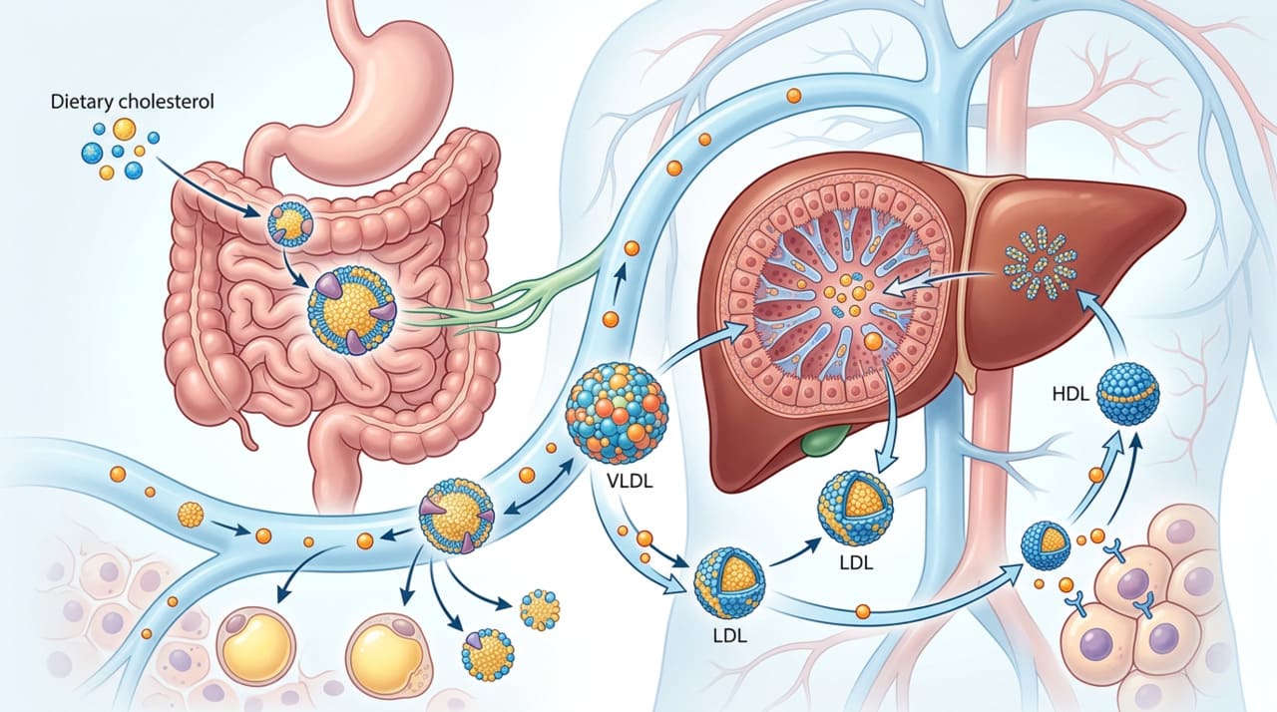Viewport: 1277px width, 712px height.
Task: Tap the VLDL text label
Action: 629,480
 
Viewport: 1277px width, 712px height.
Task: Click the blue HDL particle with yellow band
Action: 1127,394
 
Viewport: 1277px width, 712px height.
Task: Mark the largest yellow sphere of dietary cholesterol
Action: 124,129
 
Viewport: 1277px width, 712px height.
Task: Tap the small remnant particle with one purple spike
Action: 488,654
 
